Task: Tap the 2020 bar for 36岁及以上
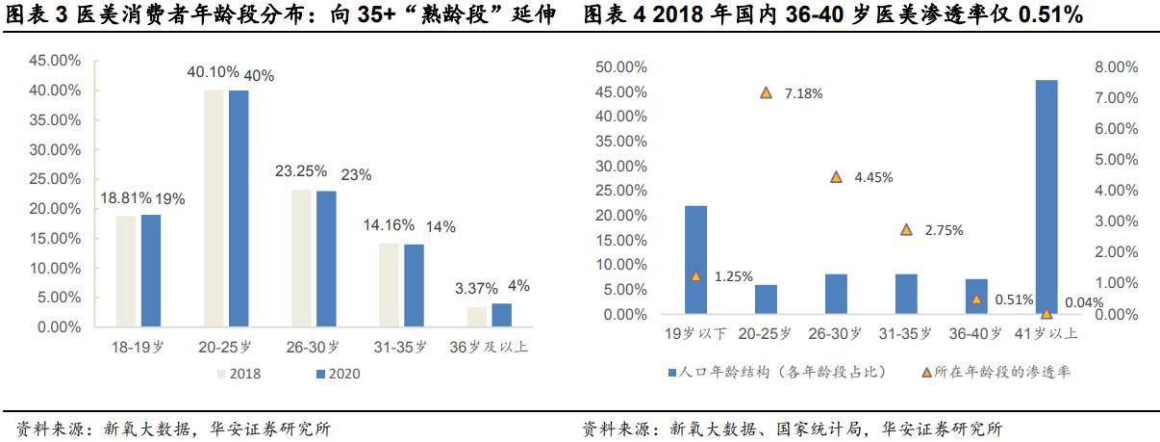501,316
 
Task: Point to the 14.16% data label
389,225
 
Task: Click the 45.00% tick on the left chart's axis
55,61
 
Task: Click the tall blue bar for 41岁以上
1047,196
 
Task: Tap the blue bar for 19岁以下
695,259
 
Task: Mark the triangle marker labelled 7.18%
766,92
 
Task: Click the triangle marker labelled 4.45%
836,177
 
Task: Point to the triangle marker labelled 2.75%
906,229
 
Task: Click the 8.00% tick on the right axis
1116,67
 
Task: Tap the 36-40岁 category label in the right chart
975,334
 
